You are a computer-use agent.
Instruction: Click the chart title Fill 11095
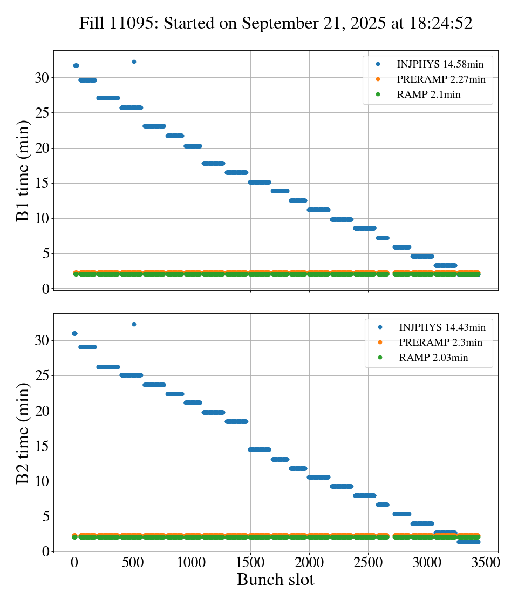276,23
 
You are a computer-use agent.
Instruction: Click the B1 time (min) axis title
23,171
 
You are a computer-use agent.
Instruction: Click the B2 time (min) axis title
23,433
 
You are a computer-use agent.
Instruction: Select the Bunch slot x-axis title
276,580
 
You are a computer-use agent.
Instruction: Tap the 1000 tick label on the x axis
192,562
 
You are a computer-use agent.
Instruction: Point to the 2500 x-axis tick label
368,562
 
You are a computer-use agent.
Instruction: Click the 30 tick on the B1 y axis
42,78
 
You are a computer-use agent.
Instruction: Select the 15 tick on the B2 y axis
42,446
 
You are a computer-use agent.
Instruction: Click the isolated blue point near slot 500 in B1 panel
134,62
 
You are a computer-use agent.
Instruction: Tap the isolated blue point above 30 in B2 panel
134,324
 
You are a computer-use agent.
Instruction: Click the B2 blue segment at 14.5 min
260,449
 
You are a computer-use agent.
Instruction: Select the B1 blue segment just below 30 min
87,80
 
